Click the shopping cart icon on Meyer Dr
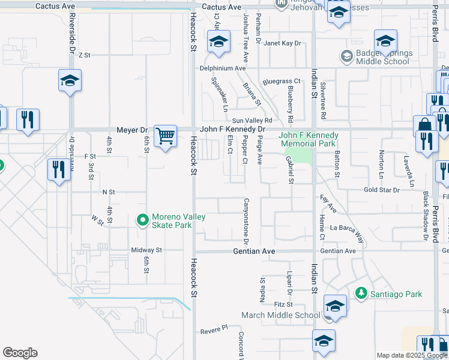click(x=165, y=135)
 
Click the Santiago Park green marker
click(x=361, y=293)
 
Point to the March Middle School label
click(x=281, y=315)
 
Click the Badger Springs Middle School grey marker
click(x=346, y=57)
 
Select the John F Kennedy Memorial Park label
click(x=309, y=140)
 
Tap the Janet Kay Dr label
click(x=282, y=43)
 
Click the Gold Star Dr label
click(x=381, y=190)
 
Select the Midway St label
click(x=147, y=250)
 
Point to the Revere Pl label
click(x=215, y=329)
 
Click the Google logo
click(x=20, y=353)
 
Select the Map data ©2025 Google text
click(x=412, y=355)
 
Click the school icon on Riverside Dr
click(x=70, y=80)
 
